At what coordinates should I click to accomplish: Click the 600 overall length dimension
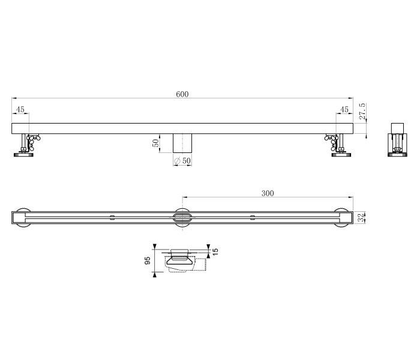pos(182,94)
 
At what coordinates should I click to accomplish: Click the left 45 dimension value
pos(20,110)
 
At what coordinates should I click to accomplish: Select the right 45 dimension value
pos(344,110)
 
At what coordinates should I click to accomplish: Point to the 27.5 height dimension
pos(362,112)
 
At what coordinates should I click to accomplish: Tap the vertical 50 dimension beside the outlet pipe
pos(155,143)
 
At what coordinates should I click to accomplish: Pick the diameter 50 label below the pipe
pos(182,160)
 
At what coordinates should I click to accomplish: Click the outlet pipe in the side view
pos(182,143)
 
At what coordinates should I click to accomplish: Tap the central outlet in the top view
pos(182,217)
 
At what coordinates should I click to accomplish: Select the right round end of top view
pos(343,217)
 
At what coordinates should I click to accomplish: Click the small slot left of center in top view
pos(112,216)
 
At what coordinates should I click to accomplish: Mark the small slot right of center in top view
pos(252,216)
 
